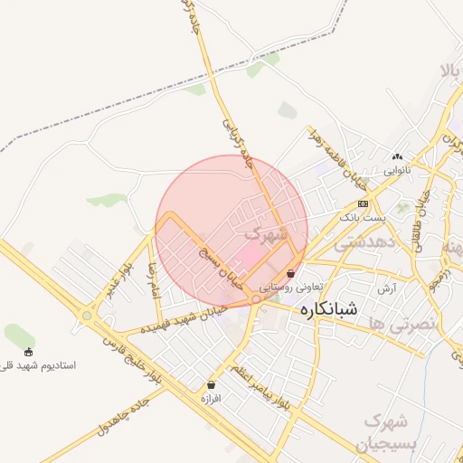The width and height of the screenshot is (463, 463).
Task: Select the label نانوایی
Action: click(396, 169)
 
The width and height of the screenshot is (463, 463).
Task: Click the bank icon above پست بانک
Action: click(363, 203)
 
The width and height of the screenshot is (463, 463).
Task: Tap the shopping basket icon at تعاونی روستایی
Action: click(289, 273)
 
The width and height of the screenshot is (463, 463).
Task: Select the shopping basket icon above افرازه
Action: click(211, 384)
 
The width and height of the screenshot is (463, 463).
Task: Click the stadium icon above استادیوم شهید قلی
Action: click(29, 352)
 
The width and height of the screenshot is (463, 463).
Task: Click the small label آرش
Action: click(387, 288)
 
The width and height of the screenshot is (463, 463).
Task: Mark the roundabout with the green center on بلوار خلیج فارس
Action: click(87, 316)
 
